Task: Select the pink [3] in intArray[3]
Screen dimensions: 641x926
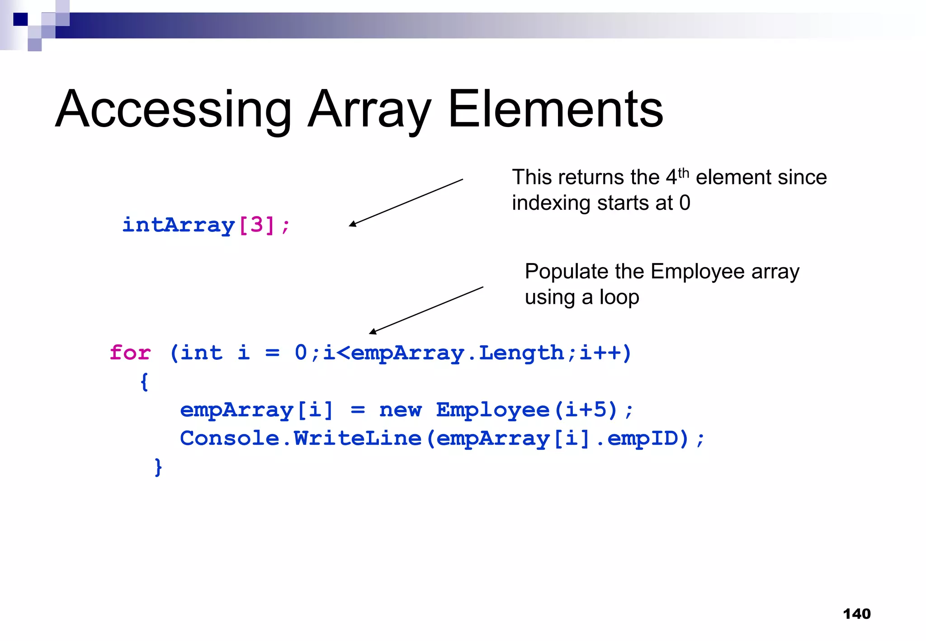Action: (x=256, y=225)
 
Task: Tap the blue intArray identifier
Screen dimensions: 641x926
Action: (x=179, y=225)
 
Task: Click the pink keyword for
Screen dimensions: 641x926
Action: (x=130, y=353)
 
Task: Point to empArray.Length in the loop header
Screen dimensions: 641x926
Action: (x=457, y=353)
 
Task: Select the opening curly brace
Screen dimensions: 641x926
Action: (x=144, y=382)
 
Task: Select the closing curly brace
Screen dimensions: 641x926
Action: (x=158, y=467)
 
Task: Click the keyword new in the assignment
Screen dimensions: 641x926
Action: (x=400, y=410)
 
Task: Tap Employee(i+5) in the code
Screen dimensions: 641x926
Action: (x=527, y=410)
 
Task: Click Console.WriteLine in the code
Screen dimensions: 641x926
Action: (x=301, y=438)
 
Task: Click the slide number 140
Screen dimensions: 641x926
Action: (x=856, y=614)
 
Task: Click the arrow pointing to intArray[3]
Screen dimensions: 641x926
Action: (x=406, y=203)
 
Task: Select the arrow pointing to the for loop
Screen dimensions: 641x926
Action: (x=426, y=310)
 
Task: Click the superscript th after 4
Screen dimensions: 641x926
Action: (x=683, y=172)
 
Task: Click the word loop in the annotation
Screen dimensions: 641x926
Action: (x=619, y=297)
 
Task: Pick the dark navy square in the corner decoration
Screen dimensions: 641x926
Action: (x=20, y=19)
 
